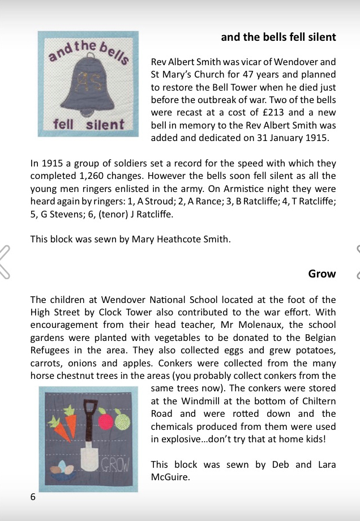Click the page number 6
coord(33,497)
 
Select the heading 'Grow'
coord(322,274)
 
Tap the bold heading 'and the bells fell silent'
coord(278,37)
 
